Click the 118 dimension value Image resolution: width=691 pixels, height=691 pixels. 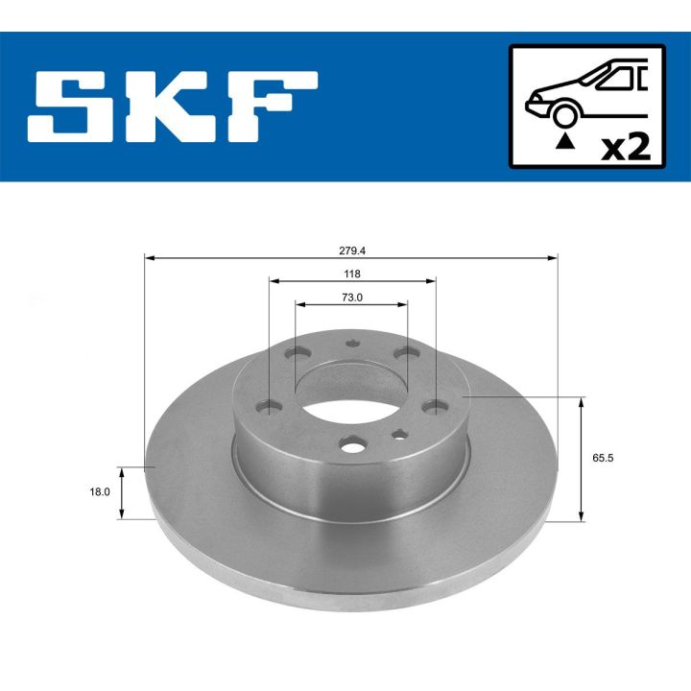coord(352,273)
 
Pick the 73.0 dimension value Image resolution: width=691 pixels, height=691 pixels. coord(352,297)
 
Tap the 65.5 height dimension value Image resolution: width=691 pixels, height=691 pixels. coord(603,458)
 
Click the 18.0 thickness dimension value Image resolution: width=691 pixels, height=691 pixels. coord(100,491)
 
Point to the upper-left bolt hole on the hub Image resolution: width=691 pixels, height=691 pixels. coord(294,354)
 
